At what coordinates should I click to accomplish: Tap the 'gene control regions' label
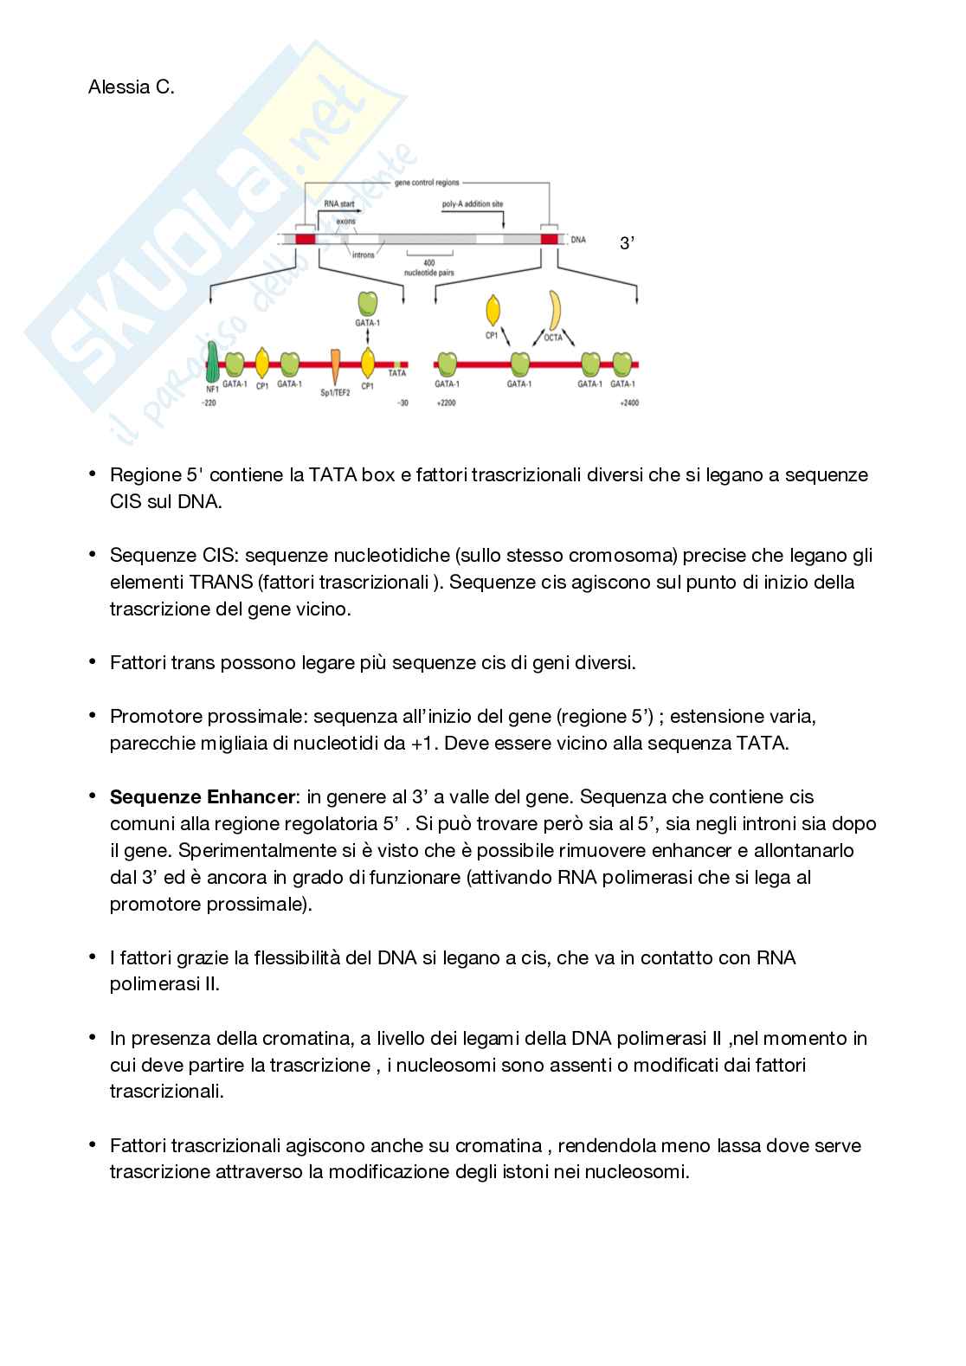(427, 183)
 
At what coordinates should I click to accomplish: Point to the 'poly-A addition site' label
(473, 204)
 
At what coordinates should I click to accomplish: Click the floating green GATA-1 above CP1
(368, 303)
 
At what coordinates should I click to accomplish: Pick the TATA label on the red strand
(396, 373)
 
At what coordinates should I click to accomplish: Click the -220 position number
(209, 403)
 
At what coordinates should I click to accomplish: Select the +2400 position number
(629, 403)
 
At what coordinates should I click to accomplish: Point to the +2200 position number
(445, 403)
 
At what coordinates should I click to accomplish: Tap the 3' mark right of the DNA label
(628, 244)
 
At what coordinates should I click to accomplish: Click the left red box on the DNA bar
(305, 239)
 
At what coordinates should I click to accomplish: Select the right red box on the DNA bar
(549, 239)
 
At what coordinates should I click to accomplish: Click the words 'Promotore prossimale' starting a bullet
(207, 717)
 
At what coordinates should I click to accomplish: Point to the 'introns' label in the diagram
(364, 255)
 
